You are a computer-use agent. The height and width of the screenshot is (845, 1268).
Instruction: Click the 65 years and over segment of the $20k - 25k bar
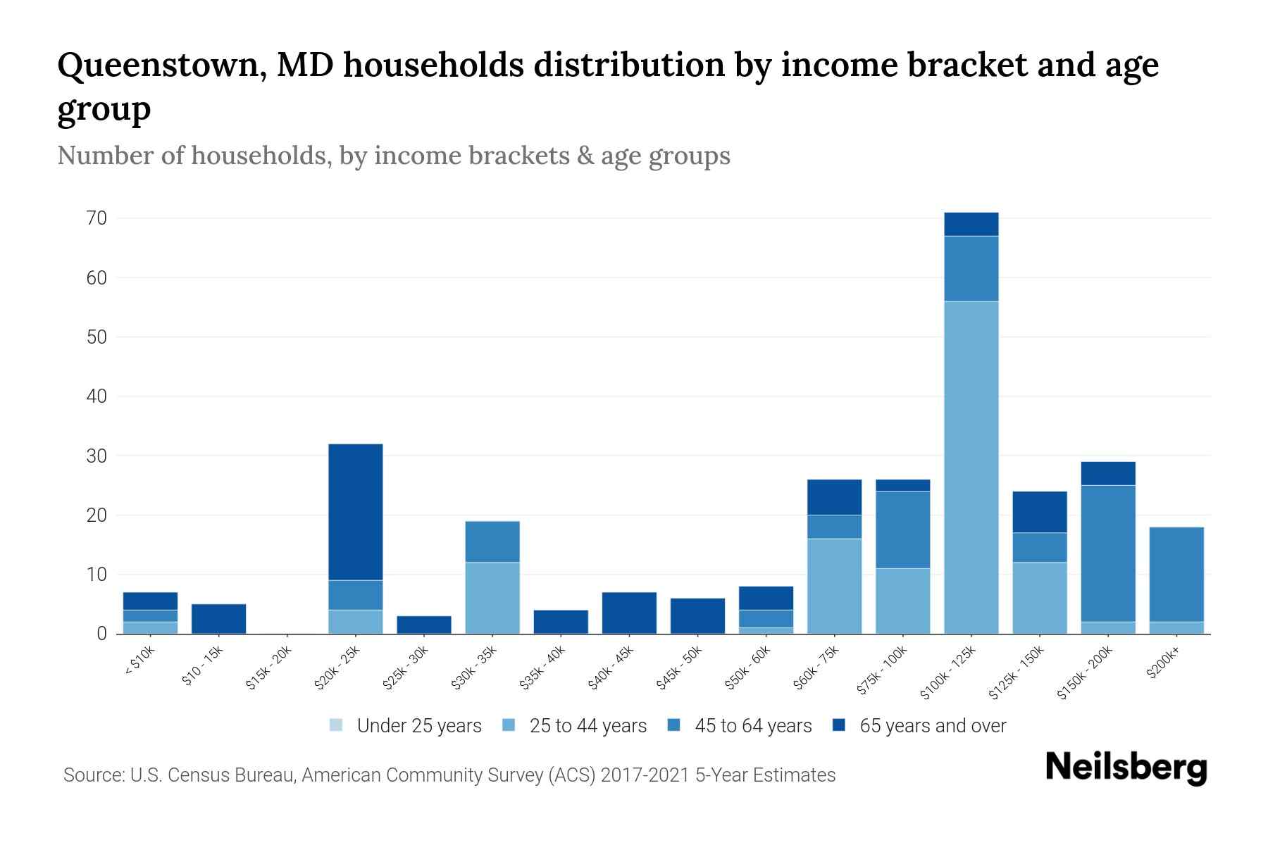[356, 512]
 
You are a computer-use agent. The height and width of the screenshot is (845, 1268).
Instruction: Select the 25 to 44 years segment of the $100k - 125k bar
[971, 468]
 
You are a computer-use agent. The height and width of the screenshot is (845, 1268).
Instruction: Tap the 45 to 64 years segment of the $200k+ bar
[1176, 574]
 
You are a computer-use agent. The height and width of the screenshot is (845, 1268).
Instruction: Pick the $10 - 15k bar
[218, 619]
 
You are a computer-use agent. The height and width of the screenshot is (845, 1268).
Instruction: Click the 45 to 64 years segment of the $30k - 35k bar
[492, 542]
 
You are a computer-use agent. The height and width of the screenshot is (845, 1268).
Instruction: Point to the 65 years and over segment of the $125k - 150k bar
[1040, 512]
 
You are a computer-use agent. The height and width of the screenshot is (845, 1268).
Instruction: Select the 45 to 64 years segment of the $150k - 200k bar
[1108, 553]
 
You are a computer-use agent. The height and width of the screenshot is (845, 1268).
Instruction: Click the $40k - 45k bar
[629, 613]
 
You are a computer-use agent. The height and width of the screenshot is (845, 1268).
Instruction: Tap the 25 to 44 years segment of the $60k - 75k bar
[834, 586]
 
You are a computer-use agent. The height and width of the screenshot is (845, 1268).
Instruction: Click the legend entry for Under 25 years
[418, 726]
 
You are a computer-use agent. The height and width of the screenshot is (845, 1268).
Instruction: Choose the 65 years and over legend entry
[932, 726]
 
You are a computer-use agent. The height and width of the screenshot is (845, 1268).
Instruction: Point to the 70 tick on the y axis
[97, 218]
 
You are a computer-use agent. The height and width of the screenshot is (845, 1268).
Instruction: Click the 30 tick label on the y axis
[97, 456]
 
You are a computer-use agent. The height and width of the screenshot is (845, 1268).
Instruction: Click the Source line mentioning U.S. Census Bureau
[449, 775]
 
